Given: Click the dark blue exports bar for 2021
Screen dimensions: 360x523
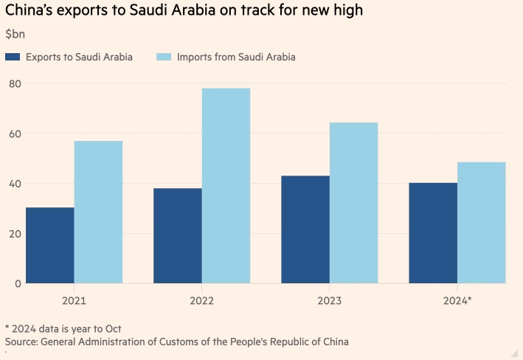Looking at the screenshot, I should coord(50,246).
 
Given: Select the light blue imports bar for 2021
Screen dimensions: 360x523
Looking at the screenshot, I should coord(98,212).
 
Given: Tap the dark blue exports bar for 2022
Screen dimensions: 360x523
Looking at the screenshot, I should coord(178,236).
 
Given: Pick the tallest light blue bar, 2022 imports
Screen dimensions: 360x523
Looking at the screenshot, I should coord(226,186).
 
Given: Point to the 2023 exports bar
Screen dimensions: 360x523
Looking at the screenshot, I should coord(305,229).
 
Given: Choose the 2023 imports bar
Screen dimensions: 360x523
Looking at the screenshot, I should coord(353,203).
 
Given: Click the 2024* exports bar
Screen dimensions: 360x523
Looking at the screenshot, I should coord(433,233).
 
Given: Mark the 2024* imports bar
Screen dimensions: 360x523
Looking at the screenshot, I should coord(481,223).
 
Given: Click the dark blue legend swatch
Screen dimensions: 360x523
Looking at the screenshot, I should coord(12,58).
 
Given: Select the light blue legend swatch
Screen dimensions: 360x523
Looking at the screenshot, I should coord(164,58).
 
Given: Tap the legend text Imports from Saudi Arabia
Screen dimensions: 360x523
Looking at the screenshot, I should coord(236,58).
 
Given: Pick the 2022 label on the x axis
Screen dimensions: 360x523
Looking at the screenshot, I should coord(201,301).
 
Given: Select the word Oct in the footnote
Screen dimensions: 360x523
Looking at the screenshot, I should coord(111,328).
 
